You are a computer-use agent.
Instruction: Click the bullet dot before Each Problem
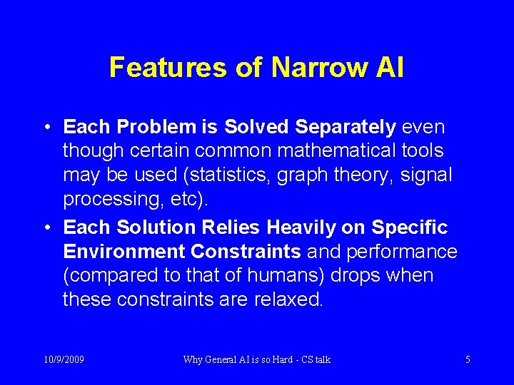[x=45, y=128]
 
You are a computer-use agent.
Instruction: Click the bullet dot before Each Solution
[x=45, y=228]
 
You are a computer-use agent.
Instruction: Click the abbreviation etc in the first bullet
[x=181, y=200]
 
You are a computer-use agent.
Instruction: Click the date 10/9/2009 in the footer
[x=64, y=359]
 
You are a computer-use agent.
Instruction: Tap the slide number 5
[x=468, y=359]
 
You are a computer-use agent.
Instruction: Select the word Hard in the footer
[x=276, y=359]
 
